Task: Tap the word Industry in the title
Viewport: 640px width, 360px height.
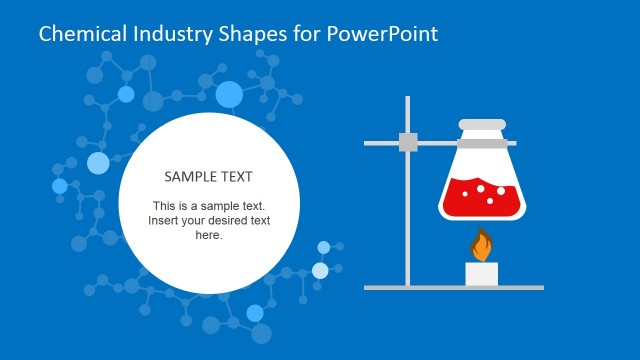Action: coord(171,34)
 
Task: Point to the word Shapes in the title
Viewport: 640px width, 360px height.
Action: coord(250,34)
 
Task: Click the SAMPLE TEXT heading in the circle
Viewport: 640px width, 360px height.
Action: coord(208,176)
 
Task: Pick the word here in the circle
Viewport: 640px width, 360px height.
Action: coord(208,235)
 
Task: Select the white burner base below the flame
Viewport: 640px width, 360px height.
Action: coord(482,273)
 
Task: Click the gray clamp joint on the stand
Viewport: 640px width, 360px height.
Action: coord(408,142)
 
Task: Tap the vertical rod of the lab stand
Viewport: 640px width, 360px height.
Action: coord(408,220)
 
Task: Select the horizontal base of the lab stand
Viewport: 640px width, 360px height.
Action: coord(455,287)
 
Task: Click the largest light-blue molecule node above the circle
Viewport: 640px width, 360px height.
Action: coord(229,95)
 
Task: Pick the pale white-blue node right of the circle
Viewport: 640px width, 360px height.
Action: coord(320,270)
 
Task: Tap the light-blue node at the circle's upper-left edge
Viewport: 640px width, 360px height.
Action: coord(98,163)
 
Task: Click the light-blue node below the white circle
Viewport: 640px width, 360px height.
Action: coord(255,313)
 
